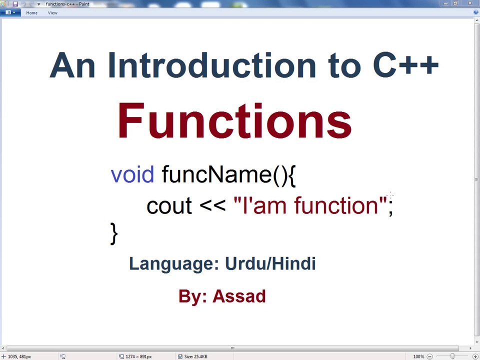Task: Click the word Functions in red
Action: (x=234, y=121)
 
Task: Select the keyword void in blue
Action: (x=132, y=175)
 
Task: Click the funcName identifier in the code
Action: (x=216, y=175)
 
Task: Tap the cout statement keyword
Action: (x=169, y=206)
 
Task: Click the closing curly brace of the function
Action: (x=114, y=233)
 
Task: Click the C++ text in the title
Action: (x=405, y=65)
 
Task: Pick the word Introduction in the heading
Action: (x=212, y=65)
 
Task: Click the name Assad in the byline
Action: (x=239, y=296)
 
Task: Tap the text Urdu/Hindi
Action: (x=270, y=263)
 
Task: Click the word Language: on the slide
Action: (x=174, y=263)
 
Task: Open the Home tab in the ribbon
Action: (x=31, y=13)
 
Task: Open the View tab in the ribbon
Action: (x=52, y=13)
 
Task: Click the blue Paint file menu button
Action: (x=10, y=12)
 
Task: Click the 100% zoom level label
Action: (x=418, y=356)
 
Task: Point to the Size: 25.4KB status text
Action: (x=195, y=356)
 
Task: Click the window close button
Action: (x=469, y=3)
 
